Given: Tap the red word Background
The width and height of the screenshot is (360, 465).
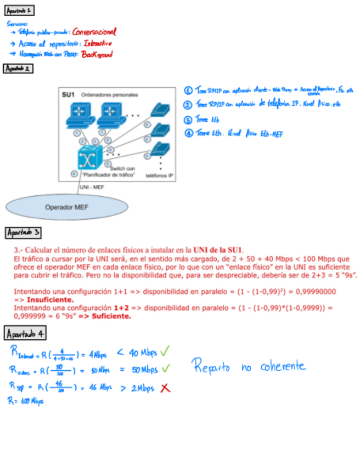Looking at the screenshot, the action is pos(97,54).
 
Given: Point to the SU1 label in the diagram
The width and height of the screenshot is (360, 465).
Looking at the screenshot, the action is pos(68,94).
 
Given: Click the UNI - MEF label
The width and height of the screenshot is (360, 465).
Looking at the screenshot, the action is pos(92,187).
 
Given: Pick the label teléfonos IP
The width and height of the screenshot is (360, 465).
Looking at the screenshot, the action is pos(159,176).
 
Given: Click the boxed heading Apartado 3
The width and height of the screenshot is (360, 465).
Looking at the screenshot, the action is pos(22,233).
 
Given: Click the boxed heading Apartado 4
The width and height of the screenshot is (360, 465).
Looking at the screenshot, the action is pos(25,333).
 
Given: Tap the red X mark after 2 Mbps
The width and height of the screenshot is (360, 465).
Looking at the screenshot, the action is pos(164,388).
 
